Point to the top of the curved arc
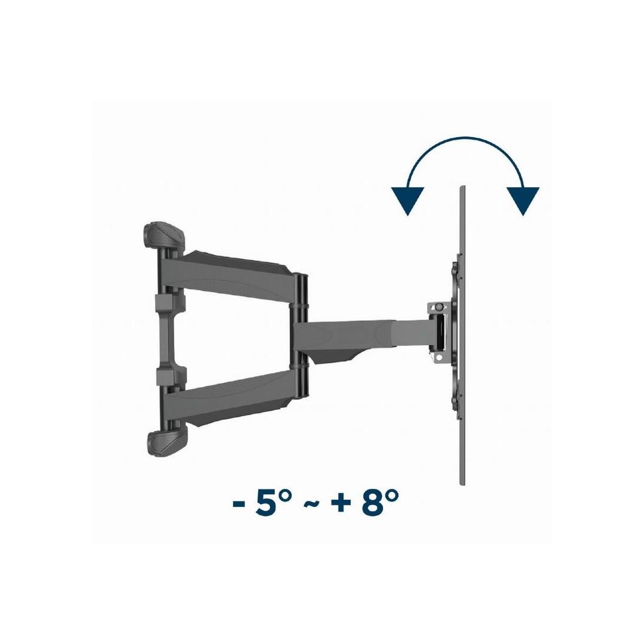click(x=465, y=138)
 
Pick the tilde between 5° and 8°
click(x=311, y=503)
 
